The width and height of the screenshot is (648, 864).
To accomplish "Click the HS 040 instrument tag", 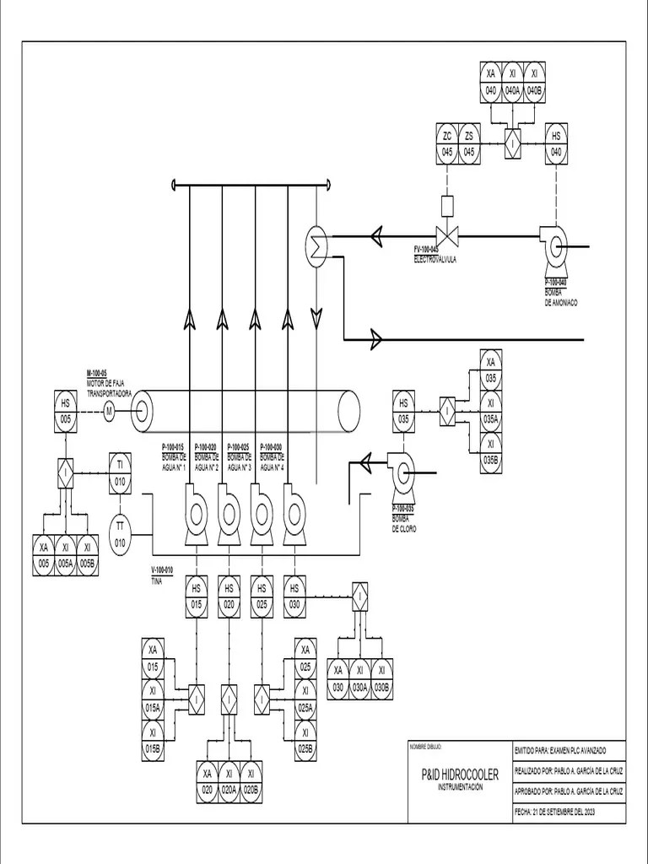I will click(556, 143).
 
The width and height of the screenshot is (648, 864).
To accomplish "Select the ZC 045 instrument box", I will click(447, 143).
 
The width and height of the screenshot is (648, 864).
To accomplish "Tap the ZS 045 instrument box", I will click(470, 143).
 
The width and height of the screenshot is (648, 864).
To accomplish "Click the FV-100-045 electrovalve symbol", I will click(447, 236).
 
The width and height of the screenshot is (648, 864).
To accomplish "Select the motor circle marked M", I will click(108, 411).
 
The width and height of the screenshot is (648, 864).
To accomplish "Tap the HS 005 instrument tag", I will click(66, 411).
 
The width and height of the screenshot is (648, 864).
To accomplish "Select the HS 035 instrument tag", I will click(403, 410).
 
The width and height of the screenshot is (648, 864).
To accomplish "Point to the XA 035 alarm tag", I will click(490, 370).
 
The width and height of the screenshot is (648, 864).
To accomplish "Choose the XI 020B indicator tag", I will click(251, 782).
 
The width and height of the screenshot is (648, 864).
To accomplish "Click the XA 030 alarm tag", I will click(337, 678).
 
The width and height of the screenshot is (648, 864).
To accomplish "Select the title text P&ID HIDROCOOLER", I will click(460, 774).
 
